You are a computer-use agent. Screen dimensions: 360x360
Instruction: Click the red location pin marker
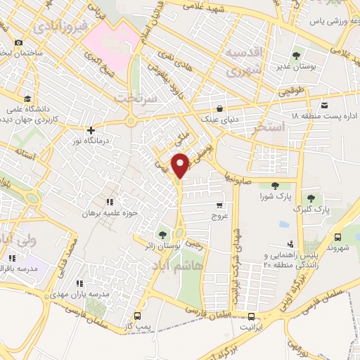181,165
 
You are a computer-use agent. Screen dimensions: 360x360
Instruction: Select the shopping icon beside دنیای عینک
221,109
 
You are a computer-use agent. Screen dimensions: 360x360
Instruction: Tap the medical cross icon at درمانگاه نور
91,130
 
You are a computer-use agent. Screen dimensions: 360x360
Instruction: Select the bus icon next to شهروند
337,237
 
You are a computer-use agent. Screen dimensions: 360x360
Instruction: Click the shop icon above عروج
220,205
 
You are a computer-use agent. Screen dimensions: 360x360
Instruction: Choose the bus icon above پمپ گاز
137,316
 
